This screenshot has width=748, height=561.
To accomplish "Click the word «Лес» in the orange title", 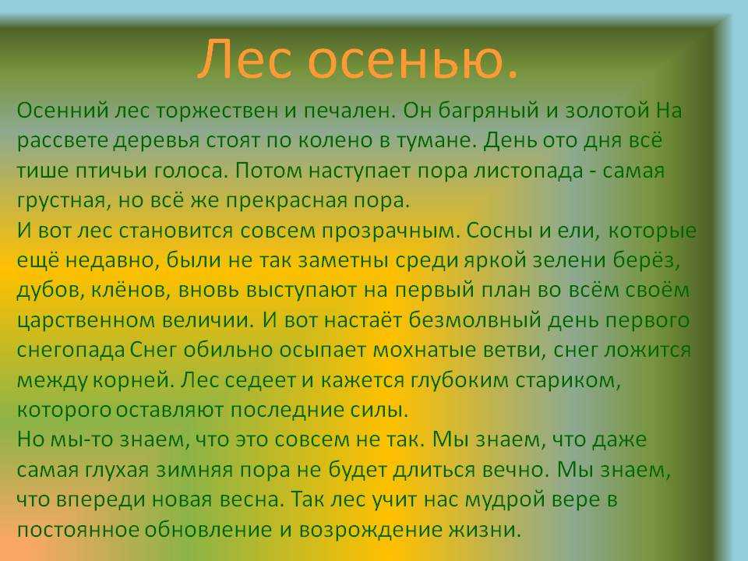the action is [245, 58].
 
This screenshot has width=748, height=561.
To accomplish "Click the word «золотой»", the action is [607, 111].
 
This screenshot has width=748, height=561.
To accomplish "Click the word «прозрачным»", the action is [390, 231].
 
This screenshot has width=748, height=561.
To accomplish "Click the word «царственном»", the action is [85, 320].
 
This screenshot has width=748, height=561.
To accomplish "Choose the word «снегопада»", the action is [71, 350].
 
